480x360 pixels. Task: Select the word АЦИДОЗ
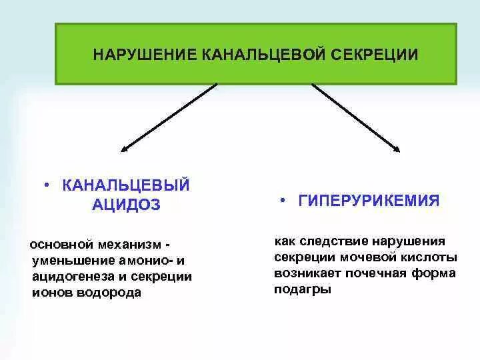tap(127, 205)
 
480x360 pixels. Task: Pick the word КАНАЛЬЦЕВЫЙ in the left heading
tap(127, 185)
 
